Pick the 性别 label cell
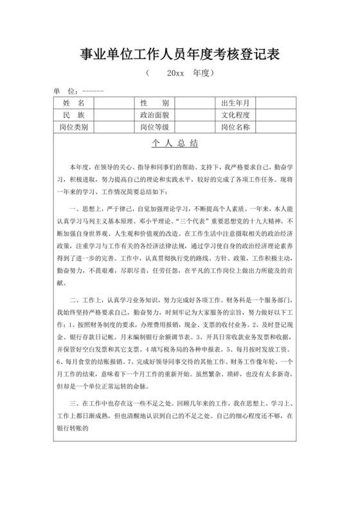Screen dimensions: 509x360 tap(154, 103)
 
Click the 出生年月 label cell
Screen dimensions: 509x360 tap(235, 103)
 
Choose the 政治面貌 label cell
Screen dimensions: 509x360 tap(154, 114)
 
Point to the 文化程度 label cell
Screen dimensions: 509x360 tap(235, 114)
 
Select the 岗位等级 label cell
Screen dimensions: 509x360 tap(154, 126)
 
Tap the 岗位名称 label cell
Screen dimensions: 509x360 tap(235, 126)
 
